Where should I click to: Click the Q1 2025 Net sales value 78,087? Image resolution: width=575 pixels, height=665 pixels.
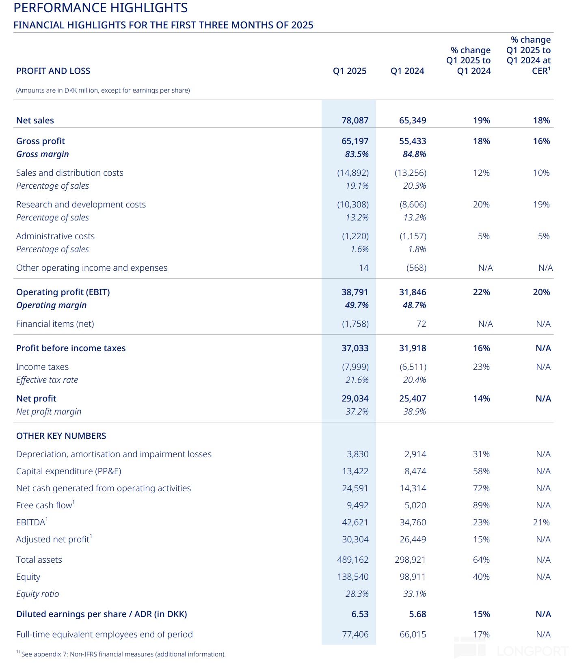tap(355, 121)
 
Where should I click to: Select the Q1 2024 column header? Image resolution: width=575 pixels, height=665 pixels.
tap(407, 71)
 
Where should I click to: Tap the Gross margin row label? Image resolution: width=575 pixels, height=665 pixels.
tap(43, 154)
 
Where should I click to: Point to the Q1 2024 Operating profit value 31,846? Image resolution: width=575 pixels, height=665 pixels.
tap(413, 292)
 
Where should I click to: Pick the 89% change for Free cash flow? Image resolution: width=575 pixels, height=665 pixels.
tap(481, 505)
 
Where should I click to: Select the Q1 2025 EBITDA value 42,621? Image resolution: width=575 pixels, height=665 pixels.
tap(355, 522)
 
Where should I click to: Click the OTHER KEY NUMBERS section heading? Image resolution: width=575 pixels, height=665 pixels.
tap(61, 436)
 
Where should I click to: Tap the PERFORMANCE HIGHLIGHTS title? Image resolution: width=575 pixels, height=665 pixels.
tap(101, 8)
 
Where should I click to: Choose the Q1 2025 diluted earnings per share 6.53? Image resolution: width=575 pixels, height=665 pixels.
tap(360, 614)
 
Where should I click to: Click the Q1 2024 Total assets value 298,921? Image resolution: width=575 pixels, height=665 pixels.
tap(410, 560)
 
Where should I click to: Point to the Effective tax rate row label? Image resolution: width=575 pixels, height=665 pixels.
tap(47, 380)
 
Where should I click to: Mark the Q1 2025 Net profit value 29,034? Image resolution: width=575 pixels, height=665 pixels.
tap(355, 399)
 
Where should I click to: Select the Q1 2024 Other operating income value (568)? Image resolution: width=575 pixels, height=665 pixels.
tap(416, 268)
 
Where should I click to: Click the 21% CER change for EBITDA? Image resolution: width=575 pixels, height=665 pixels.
tap(541, 522)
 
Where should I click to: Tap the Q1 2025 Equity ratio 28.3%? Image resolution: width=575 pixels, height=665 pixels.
tap(357, 594)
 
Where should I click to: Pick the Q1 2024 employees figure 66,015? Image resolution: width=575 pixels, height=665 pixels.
tap(413, 635)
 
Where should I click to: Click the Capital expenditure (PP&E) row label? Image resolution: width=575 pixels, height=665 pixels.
tap(69, 471)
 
